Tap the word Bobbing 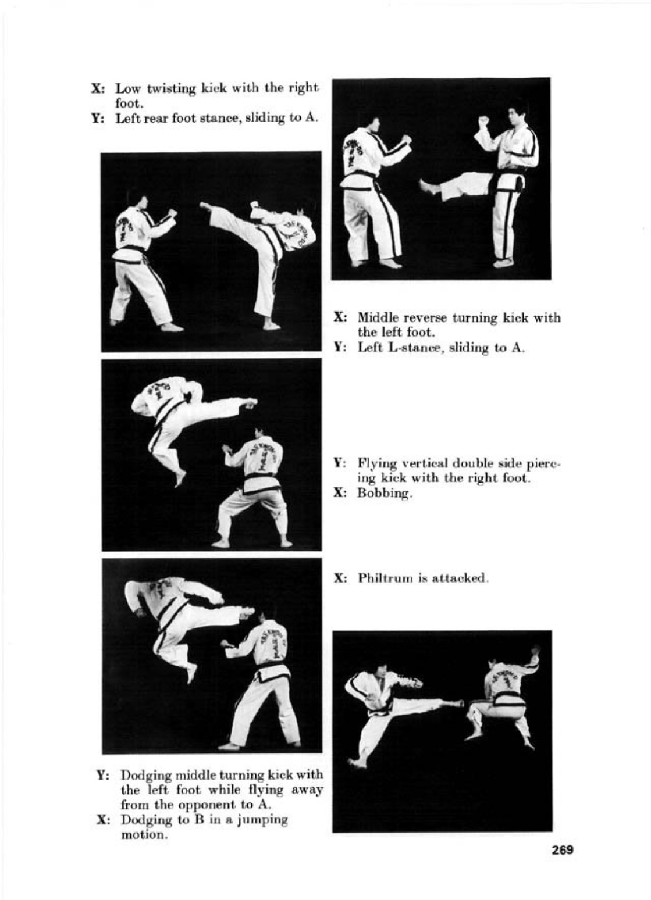coord(385,494)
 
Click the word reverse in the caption coord(426,318)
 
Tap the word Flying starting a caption coord(374,464)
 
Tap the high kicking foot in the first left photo coord(207,207)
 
